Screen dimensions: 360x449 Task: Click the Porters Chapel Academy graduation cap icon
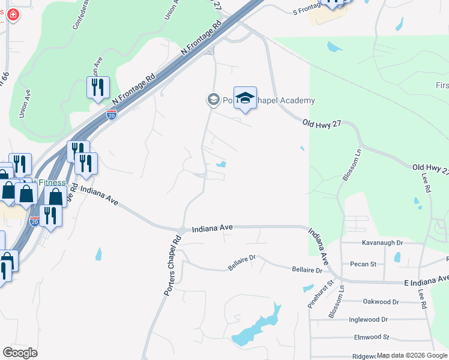coord(245,99)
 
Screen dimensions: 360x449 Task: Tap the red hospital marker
coord(12,14)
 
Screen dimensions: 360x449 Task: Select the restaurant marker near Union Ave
coord(97,88)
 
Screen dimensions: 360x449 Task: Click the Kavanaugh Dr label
coord(382,244)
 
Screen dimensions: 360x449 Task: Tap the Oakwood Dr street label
coord(381,302)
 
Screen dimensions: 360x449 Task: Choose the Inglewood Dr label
coord(368,320)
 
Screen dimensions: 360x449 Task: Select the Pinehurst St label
coord(328,294)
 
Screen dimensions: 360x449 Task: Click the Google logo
coord(20,352)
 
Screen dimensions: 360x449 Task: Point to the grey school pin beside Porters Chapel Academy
coord(213,100)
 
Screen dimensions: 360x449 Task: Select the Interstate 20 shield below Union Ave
coord(112,115)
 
